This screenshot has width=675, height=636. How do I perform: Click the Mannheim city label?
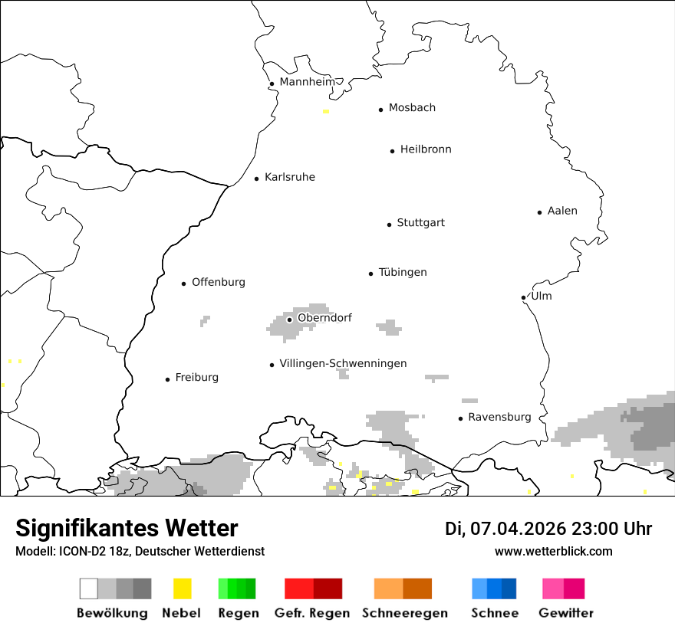click(308, 82)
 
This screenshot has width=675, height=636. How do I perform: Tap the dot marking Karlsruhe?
click(257, 179)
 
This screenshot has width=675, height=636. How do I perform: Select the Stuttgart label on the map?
click(420, 223)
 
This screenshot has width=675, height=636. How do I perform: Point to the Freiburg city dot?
click(167, 379)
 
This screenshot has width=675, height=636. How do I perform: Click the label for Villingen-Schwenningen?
click(343, 363)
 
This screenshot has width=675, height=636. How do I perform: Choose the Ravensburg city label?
click(499, 417)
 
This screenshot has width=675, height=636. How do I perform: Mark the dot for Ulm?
click(523, 297)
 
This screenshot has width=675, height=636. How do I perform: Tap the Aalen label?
click(562, 211)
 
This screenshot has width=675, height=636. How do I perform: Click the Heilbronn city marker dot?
click(392, 151)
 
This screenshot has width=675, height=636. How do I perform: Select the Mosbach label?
click(412, 108)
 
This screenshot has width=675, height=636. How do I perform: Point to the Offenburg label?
click(219, 282)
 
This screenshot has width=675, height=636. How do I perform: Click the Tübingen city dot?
click(370, 274)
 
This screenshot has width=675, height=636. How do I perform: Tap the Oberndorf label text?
click(324, 317)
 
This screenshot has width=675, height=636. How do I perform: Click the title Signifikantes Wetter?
click(127, 528)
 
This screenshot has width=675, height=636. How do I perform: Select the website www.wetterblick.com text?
click(554, 551)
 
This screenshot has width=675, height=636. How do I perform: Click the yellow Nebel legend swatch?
click(182, 588)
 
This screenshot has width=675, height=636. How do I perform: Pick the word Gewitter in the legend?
click(566, 613)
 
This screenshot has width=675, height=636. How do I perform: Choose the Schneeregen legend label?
click(405, 613)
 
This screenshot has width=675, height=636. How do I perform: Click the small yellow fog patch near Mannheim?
click(326, 111)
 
